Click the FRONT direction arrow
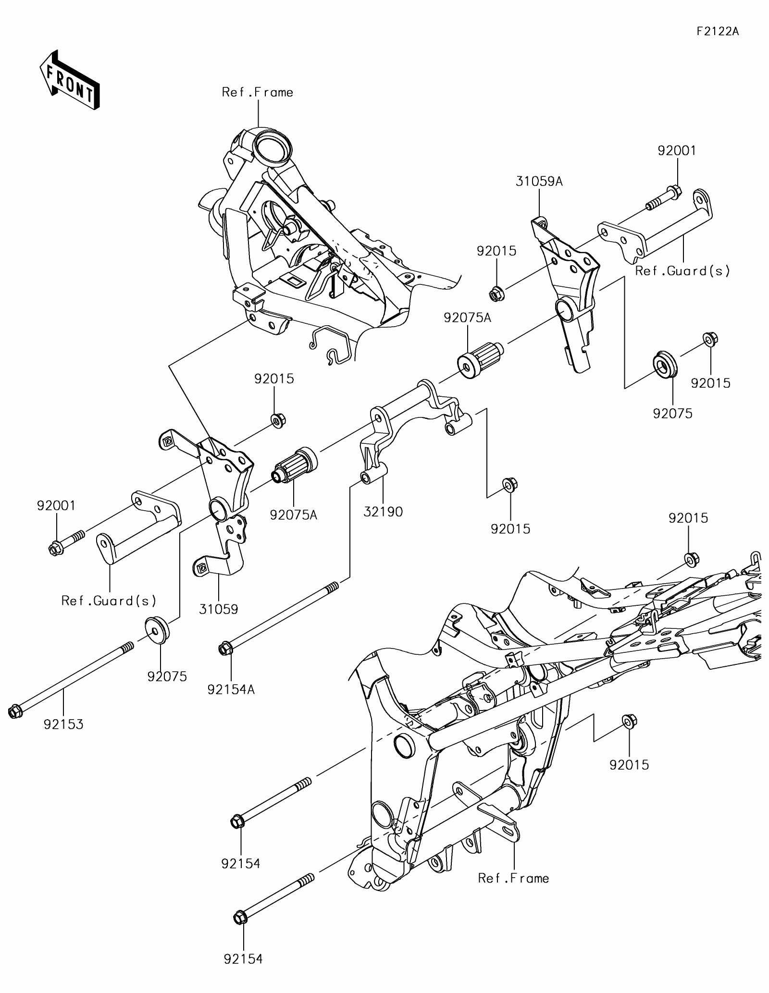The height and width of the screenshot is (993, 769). [69, 79]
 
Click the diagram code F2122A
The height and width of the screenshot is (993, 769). [718, 32]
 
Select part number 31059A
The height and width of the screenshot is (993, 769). [539, 182]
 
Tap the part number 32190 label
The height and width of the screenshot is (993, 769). [383, 512]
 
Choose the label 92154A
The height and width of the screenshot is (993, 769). [231, 689]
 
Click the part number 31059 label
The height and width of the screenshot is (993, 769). [219, 609]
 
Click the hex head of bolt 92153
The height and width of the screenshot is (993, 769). [15, 711]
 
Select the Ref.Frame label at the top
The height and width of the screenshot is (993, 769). [258, 92]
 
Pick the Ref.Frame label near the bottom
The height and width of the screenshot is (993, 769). [513, 878]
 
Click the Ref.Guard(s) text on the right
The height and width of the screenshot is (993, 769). [682, 271]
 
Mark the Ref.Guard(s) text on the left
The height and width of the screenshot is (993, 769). [109, 601]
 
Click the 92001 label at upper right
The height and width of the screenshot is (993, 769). [677, 151]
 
